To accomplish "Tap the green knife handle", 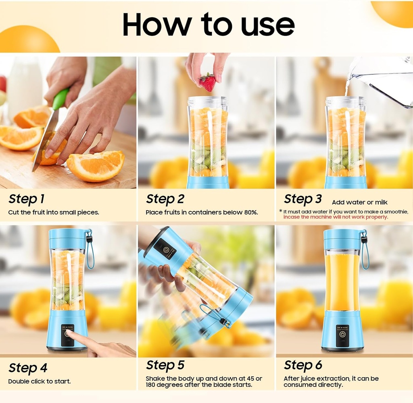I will coord(60,99).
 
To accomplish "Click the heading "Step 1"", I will coord(26,199).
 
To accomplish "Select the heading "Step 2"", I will coord(165,199).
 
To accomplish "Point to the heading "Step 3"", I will coord(302,199).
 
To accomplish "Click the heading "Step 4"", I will coord(28,368).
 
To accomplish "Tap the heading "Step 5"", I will coord(165,365).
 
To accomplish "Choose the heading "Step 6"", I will coord(302,365).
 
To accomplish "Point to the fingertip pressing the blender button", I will coord(69,333).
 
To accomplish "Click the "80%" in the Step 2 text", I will coord(250,212).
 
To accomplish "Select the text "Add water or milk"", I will coord(359,202).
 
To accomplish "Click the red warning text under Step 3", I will coord(336,217).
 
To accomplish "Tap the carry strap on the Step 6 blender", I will coord(365,252).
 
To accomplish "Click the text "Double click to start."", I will coord(39,381).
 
